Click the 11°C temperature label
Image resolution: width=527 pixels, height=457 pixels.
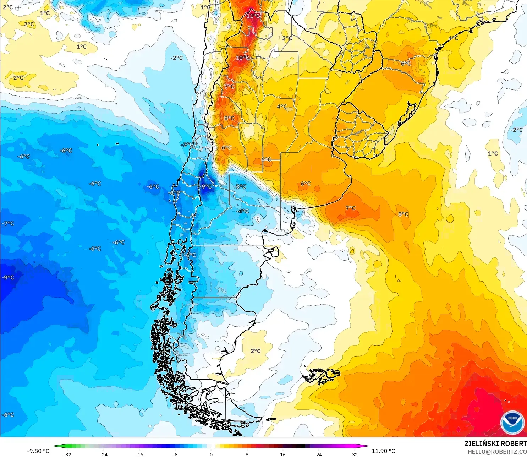pyautogui.click(x=253, y=16)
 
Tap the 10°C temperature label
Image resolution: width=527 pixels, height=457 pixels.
pyautogui.click(x=243, y=58)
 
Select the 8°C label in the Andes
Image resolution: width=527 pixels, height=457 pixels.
pyautogui.click(x=229, y=118)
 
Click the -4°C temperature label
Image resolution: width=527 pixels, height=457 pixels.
pyautogui.click(x=243, y=211)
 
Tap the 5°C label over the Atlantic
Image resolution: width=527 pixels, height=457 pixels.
pyautogui.click(x=403, y=214)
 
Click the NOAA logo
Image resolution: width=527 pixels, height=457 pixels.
pyautogui.click(x=512, y=422)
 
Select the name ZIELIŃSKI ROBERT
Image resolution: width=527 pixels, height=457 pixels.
pyautogui.click(x=495, y=444)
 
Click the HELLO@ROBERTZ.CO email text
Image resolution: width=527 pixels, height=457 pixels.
pyautogui.click(x=497, y=452)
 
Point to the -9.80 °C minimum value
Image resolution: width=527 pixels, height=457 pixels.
pyautogui.click(x=38, y=451)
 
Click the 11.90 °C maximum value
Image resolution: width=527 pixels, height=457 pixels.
pyautogui.click(x=383, y=451)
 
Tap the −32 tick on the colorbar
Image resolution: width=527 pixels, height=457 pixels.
pyautogui.click(x=67, y=454)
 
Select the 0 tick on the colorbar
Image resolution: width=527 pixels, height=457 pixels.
pyautogui.click(x=211, y=454)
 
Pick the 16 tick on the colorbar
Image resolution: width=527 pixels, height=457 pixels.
pyautogui.click(x=282, y=454)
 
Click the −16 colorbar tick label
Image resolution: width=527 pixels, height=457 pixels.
pyautogui.click(x=139, y=454)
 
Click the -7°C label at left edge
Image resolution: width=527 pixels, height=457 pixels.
pyautogui.click(x=8, y=223)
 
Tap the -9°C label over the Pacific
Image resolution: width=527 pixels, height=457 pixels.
pyautogui.click(x=8, y=277)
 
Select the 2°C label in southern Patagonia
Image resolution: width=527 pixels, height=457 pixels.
pyautogui.click(x=256, y=351)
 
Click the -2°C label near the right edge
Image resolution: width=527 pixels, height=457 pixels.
pyautogui.click(x=516, y=130)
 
